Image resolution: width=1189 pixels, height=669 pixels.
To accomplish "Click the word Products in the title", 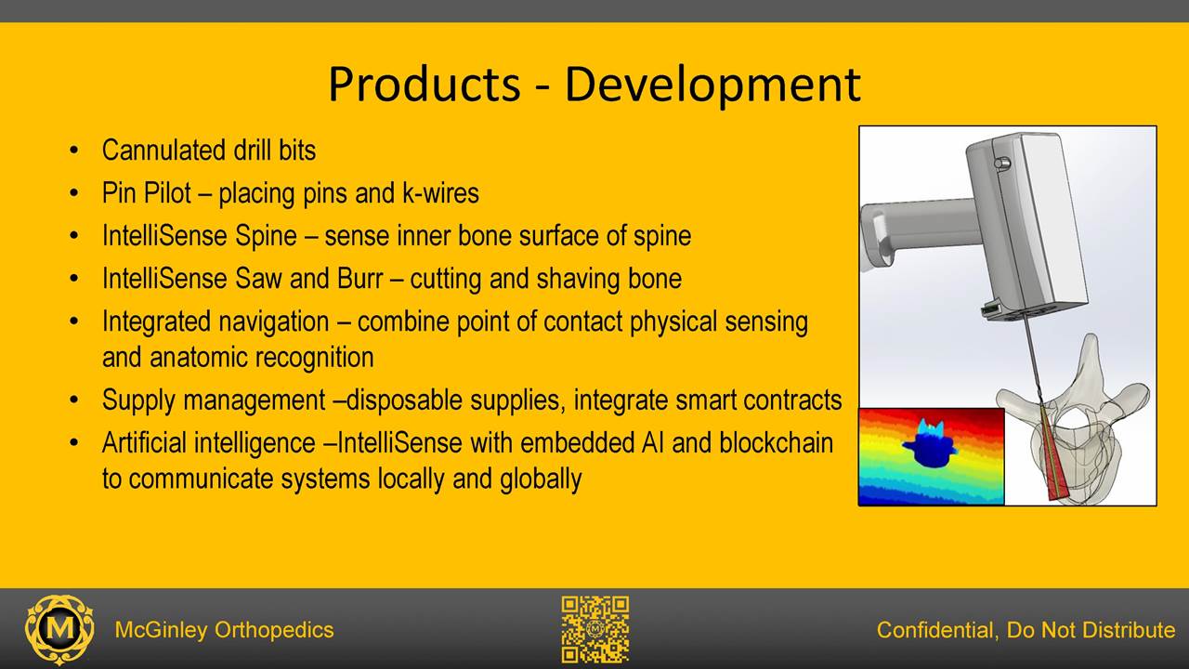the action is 425,84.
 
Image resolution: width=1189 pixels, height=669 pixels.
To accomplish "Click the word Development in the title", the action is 712,87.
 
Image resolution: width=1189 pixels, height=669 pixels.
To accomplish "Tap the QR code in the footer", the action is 595,629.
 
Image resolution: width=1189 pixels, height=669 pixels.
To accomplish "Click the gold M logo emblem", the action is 59,630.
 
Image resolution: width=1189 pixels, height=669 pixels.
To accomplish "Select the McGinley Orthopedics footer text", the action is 224,630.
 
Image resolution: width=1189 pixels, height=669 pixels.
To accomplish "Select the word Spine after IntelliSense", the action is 266,237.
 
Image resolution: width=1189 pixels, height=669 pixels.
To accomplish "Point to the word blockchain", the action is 776,443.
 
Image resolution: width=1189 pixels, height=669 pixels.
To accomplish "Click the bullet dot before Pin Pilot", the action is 73,193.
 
